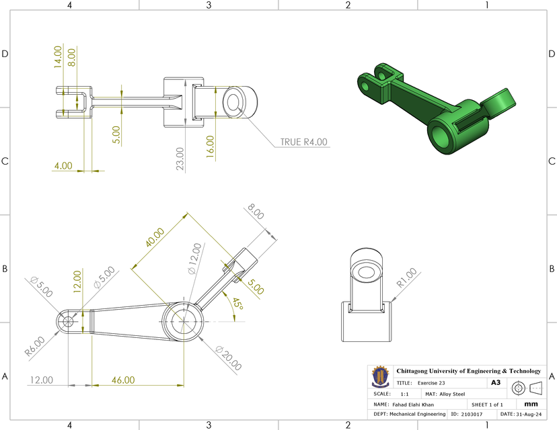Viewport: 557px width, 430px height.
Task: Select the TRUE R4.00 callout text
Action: pos(303,142)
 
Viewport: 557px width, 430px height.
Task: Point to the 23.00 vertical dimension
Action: pos(180,159)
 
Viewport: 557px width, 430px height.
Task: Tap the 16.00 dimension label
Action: pos(210,145)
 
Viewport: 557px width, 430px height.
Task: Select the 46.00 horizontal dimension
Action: pos(123,380)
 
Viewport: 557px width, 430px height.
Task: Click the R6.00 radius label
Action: pos(35,345)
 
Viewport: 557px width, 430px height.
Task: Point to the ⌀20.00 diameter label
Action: pos(229,358)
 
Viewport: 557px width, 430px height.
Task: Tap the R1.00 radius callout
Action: pos(407,279)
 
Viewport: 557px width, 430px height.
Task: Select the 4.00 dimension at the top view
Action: pos(64,165)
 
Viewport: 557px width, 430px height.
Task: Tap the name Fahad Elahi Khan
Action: pos(413,404)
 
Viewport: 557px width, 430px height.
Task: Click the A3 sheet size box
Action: pos(496,382)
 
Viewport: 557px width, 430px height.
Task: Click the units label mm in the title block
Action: pos(531,404)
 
